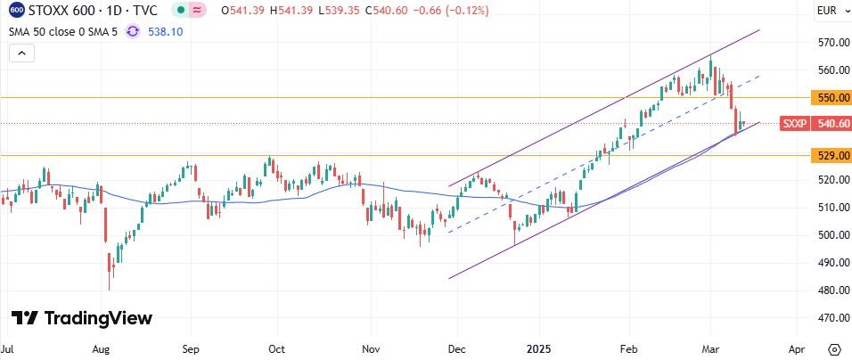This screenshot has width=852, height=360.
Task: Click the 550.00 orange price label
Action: coord(830,97)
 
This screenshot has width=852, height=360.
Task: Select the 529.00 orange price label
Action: coord(830,155)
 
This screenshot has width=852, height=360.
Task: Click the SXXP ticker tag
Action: coord(793,124)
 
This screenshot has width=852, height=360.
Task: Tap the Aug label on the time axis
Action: coord(100,348)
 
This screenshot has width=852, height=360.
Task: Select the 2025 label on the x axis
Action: coord(537,348)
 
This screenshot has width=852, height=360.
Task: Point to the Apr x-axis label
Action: coord(797,348)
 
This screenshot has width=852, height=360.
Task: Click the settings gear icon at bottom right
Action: coord(834,348)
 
